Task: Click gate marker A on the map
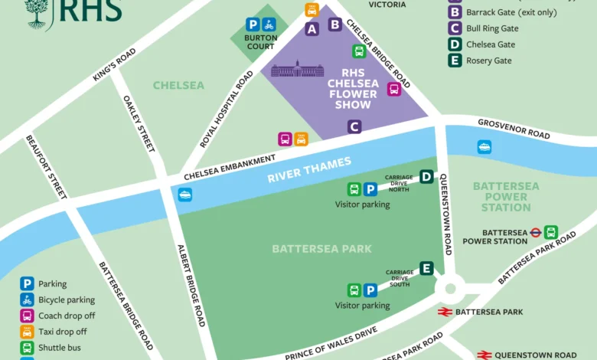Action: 312,29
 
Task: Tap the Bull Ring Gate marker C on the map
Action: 354,126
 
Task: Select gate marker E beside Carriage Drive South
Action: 426,268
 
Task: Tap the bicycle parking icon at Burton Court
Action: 269,25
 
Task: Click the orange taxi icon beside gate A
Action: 312,10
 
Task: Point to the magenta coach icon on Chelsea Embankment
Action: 285,139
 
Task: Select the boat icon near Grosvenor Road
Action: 484,146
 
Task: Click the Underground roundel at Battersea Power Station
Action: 536,232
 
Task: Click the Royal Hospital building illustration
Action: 298,69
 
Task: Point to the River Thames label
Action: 309,170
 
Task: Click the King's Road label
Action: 114,67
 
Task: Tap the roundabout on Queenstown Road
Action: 449,289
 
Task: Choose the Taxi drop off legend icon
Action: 27,332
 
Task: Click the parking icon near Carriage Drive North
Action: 370,189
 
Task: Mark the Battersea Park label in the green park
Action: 321,248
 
